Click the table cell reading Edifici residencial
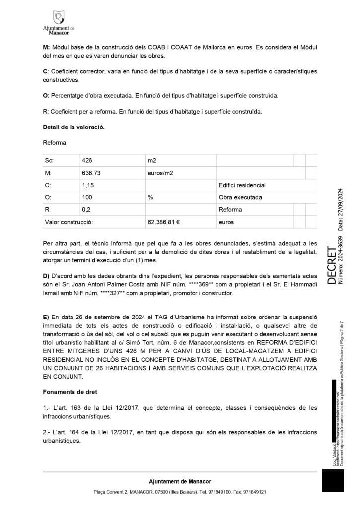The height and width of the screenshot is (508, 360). (242, 185)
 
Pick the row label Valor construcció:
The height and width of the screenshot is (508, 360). (69, 222)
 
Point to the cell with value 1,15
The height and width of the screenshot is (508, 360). (87, 185)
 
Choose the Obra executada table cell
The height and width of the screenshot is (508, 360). (239, 197)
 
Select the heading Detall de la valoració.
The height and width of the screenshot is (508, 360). (73, 127)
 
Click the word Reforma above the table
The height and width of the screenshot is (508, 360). (55, 143)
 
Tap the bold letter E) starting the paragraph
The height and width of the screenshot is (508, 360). (46, 317)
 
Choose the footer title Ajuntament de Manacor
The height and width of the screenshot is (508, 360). (180, 481)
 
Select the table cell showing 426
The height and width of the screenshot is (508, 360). (88, 160)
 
